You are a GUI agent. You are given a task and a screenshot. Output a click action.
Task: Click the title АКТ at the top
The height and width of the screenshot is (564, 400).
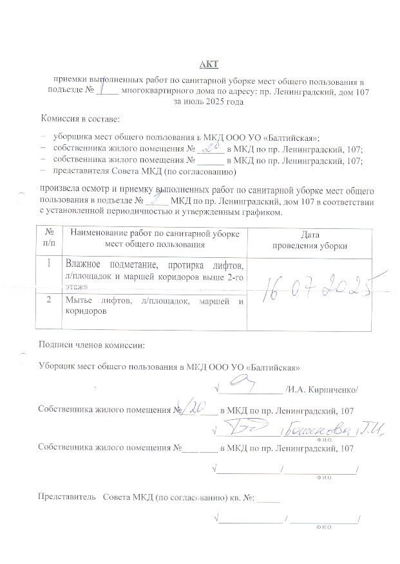(x=209, y=63)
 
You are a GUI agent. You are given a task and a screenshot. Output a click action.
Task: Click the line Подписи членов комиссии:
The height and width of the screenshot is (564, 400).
(x=88, y=345)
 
